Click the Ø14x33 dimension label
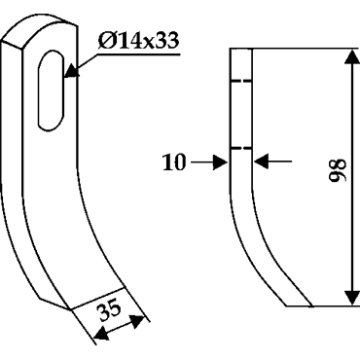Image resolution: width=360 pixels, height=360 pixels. coord(138,41)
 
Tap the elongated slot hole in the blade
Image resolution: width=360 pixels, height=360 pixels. coord(51,90)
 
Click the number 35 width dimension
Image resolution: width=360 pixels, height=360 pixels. coord(110,310)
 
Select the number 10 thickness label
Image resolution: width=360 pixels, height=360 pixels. coord(174,162)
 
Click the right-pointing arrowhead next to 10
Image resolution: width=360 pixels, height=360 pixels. coord(220,162)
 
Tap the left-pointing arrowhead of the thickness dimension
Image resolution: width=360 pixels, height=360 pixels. coord(262,162)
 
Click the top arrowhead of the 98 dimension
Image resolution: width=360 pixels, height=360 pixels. coord(351,57)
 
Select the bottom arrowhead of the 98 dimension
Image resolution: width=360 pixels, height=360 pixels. coord(351,296)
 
